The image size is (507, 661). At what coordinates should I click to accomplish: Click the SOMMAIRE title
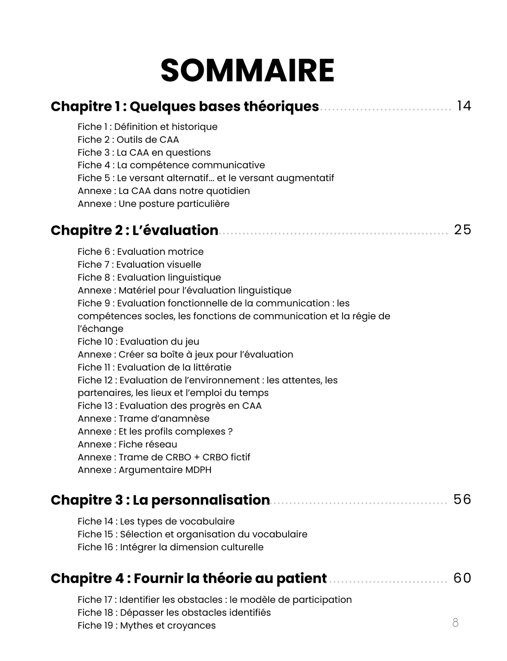[x=247, y=71]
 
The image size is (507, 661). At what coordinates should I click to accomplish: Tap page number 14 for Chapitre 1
[x=464, y=106]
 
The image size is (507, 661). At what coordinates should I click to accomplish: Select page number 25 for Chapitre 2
[x=462, y=230]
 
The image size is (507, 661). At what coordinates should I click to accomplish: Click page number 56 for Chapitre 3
[x=462, y=499]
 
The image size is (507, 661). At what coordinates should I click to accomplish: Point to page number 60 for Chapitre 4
[x=462, y=578]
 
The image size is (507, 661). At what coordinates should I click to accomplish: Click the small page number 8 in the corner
[x=455, y=622]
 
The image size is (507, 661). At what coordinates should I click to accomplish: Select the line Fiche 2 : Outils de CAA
[x=128, y=140]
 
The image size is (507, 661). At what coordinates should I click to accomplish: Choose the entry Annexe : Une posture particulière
[x=153, y=204]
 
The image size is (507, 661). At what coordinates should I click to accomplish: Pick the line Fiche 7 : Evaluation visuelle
[x=139, y=265]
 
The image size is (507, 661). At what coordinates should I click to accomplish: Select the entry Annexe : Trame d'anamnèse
[x=143, y=419]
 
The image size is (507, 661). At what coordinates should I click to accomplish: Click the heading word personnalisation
[x=201, y=500]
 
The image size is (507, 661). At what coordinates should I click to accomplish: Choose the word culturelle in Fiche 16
[x=242, y=547]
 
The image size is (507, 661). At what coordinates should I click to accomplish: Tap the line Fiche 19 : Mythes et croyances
[x=146, y=626]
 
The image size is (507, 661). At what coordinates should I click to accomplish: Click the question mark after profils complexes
[x=230, y=432]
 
